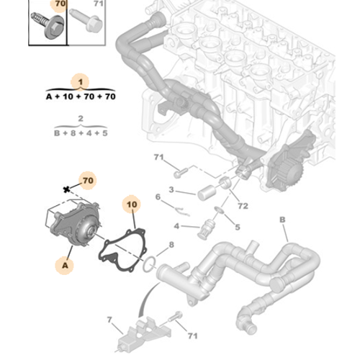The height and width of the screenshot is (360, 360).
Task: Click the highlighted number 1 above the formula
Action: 81,81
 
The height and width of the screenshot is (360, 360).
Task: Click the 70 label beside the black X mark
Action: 86,179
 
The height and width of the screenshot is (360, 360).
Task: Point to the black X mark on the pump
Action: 67,189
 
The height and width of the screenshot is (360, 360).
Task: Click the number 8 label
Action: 171,246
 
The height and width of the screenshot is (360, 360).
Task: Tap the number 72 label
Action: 243,206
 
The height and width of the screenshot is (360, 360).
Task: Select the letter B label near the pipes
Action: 282,219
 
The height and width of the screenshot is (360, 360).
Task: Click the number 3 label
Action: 171,190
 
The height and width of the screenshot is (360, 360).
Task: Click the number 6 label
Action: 158,197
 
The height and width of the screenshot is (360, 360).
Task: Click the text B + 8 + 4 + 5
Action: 81,133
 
